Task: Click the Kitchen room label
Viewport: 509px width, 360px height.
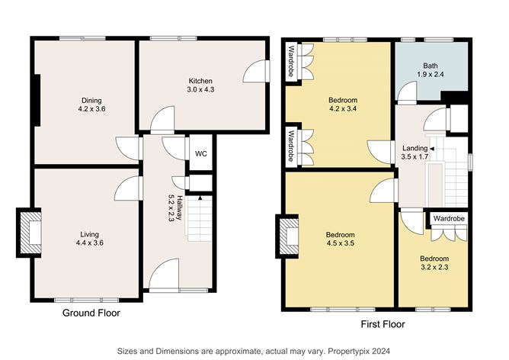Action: [x=200, y=81]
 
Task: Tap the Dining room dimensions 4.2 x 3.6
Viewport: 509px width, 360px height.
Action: [x=91, y=109]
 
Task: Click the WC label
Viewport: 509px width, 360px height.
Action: [x=200, y=153]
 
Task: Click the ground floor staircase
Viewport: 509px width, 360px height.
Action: [x=198, y=217]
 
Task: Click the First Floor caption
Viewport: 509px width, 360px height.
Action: [x=382, y=323]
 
